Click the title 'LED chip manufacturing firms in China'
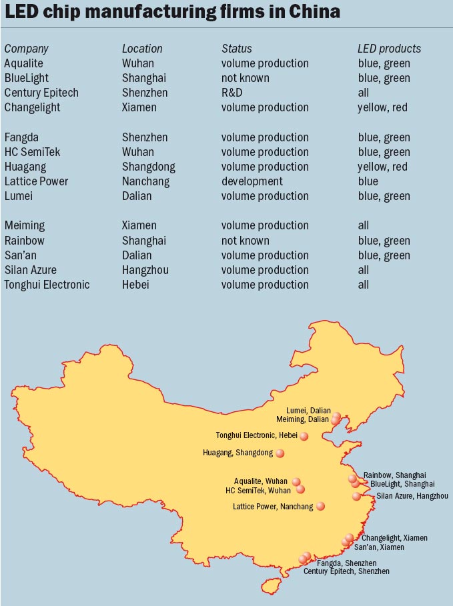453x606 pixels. pos(173,12)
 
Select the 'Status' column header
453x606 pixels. pos(237,49)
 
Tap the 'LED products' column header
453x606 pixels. pos(389,49)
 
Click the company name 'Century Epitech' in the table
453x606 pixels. pos(41,93)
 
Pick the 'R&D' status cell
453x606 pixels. pos(233,93)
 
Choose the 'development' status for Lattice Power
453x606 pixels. pos(252,181)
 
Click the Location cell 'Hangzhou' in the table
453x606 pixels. pos(145,270)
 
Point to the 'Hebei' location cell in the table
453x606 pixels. pos(135,285)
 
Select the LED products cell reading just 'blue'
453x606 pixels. pos(368,181)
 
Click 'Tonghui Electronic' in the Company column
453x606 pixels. pos(47,285)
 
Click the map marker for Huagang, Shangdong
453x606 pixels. pos(280,453)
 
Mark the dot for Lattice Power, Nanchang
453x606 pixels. pos(320,506)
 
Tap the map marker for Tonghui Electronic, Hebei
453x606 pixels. pos(304,436)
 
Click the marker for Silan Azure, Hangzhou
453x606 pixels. pos(356,496)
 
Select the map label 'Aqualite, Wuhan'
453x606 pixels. pos(261,481)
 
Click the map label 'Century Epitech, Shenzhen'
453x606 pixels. pos(346,571)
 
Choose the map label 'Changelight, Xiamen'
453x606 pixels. pos(394,538)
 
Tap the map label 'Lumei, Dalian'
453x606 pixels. pos(308,411)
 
